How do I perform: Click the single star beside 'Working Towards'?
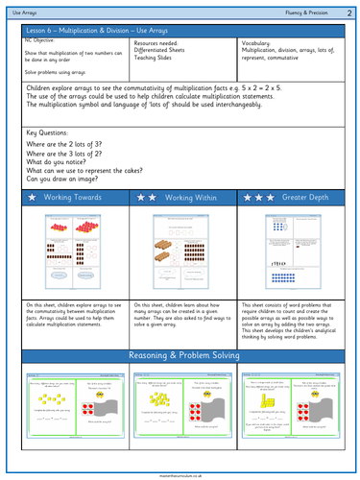pyautogui.click(x=35, y=197)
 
